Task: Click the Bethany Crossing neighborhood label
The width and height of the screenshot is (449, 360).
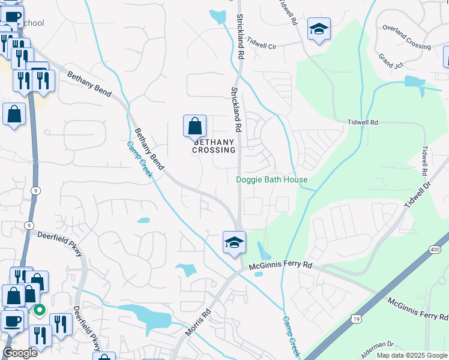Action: pos(214,146)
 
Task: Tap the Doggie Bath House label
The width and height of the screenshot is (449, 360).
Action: pos(271,179)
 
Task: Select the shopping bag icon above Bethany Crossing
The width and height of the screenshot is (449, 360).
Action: pos(194,127)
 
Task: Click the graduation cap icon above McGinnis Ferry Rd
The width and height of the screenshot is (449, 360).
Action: pos(234,242)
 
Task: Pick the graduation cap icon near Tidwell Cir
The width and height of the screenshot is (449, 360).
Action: pos(319,29)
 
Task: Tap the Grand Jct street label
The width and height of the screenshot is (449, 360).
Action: pos(390,61)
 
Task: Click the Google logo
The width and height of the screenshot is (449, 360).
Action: pos(20,353)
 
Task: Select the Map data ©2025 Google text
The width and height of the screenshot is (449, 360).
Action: pos(411,355)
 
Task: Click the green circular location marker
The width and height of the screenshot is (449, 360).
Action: pos(40,310)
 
